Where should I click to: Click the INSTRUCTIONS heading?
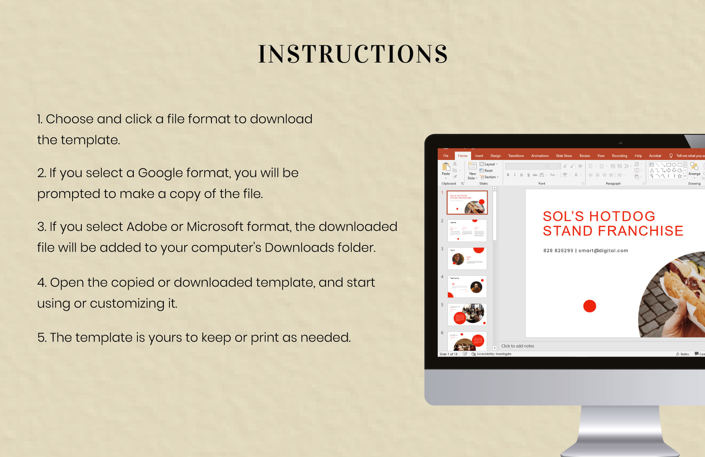tap(353, 54)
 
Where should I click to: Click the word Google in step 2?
tap(160, 173)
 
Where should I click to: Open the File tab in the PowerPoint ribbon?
tap(446, 156)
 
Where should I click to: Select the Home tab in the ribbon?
tap(463, 156)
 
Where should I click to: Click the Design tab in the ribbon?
tap(496, 156)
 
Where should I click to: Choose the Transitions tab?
tap(516, 156)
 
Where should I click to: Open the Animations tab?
tap(540, 156)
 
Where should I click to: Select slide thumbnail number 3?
tap(467, 258)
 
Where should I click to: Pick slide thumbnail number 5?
tap(467, 314)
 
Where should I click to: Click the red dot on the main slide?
tap(590, 306)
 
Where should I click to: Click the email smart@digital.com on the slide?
tap(603, 251)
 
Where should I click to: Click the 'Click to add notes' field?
tap(518, 346)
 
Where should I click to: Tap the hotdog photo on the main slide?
tap(677, 297)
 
